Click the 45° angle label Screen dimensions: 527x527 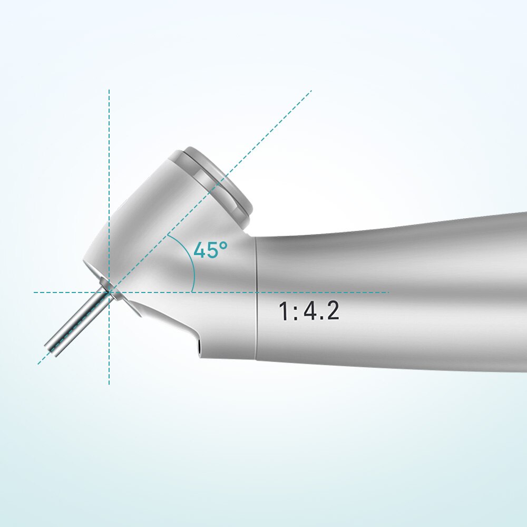[210, 250]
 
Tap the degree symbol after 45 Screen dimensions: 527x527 [225, 245]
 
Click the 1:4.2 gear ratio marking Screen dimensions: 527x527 [309, 311]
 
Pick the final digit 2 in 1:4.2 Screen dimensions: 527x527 [332, 311]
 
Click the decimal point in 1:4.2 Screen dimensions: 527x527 [320, 319]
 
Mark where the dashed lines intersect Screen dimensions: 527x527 [109, 292]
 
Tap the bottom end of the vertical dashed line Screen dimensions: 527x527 [109, 384]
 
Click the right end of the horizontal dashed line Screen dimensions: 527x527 [388, 292]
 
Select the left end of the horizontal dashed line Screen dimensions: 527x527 [35, 292]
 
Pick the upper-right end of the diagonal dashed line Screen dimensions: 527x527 [311, 91]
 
